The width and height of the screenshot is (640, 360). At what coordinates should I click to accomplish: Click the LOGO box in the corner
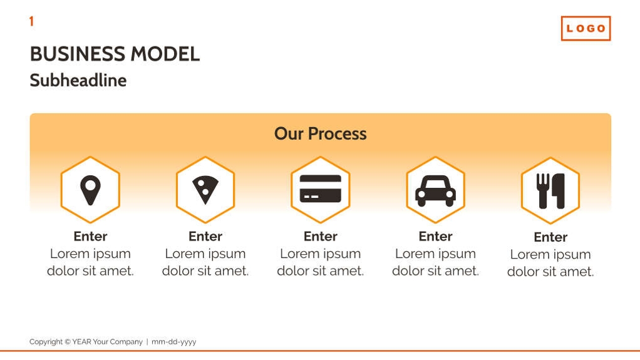pyautogui.click(x=586, y=29)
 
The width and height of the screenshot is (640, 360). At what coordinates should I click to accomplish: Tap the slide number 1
pyautogui.click(x=31, y=21)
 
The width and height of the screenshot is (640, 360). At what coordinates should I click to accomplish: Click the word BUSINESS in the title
pyautogui.click(x=78, y=54)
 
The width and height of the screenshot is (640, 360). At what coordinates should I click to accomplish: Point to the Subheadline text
pyautogui.click(x=78, y=80)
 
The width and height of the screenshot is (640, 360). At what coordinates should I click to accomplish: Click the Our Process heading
pyautogui.click(x=321, y=133)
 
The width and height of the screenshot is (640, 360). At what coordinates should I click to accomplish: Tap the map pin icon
pyautogui.click(x=90, y=190)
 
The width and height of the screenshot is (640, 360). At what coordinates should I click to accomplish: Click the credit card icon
pyautogui.click(x=321, y=188)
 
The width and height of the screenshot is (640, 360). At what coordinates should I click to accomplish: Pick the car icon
pyautogui.click(x=435, y=191)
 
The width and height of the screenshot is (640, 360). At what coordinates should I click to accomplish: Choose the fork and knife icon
pyautogui.click(x=550, y=191)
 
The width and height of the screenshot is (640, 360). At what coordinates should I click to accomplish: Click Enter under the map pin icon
pyautogui.click(x=90, y=236)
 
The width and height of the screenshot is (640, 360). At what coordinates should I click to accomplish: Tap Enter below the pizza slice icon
pyautogui.click(x=205, y=236)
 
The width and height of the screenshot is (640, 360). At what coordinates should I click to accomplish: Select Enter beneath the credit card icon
pyautogui.click(x=321, y=236)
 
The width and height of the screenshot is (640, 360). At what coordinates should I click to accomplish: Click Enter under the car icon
pyautogui.click(x=435, y=236)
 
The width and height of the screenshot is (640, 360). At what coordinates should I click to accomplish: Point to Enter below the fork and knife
pyautogui.click(x=550, y=237)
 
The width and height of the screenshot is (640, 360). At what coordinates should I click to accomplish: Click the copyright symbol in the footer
pyautogui.click(x=68, y=342)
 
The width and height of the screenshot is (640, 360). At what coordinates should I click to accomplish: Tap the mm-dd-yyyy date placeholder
pyautogui.click(x=174, y=342)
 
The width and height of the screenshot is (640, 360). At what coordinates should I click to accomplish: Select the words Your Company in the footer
pyautogui.click(x=118, y=342)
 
